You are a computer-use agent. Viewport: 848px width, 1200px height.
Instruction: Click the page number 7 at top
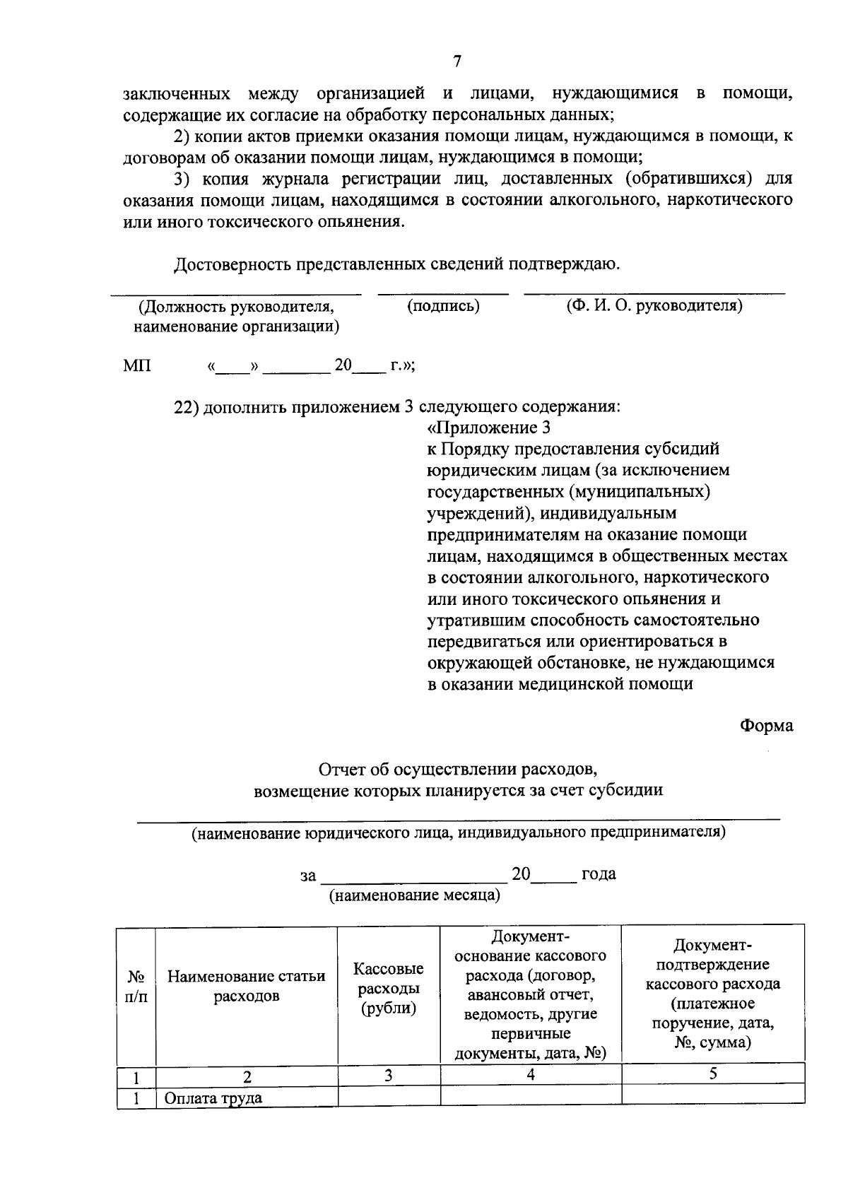tap(457, 62)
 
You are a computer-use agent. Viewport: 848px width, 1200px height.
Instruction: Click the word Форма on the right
tap(766, 726)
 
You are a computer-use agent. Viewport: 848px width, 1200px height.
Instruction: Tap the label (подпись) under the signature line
tap(443, 306)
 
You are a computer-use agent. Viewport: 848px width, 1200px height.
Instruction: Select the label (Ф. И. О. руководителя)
tap(654, 306)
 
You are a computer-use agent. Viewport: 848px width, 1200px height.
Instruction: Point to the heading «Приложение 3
tap(489, 428)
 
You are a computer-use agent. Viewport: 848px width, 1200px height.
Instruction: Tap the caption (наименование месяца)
tap(415, 895)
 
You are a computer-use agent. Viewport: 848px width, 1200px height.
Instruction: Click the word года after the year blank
tap(599, 874)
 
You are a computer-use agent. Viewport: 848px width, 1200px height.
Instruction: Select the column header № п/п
tap(136, 987)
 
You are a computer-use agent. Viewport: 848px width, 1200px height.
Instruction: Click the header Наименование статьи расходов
tap(246, 987)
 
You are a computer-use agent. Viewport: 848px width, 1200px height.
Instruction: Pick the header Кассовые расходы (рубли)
tap(389, 988)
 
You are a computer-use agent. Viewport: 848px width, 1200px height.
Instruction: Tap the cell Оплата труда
tap(213, 1098)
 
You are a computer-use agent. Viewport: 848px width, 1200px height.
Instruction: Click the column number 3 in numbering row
tap(389, 1076)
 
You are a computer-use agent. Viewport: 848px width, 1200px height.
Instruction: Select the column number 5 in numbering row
tap(713, 1074)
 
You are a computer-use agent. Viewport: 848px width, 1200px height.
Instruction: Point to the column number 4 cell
tap(531, 1076)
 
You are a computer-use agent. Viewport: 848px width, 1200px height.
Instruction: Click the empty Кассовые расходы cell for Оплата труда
tap(389, 1095)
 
